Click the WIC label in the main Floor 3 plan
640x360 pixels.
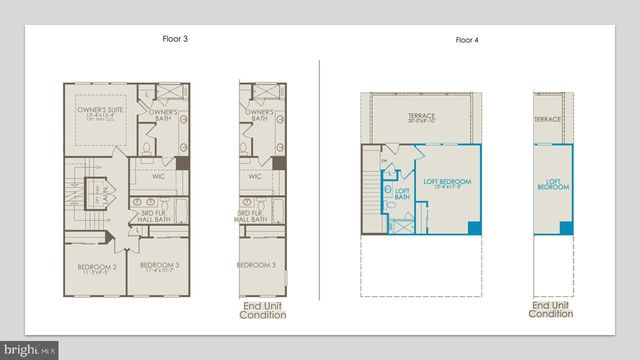pyautogui.click(x=159, y=179)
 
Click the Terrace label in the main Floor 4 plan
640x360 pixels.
pyautogui.click(x=421, y=119)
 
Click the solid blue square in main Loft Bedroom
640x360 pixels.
pyautogui.click(x=474, y=228)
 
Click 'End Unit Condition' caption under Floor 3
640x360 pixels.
pyautogui.click(x=262, y=310)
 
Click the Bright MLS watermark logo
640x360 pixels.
pyautogui.click(x=30, y=350)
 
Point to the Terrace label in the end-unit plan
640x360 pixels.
pyautogui.click(x=547, y=119)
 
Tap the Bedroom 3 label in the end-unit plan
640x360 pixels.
pyautogui.click(x=256, y=265)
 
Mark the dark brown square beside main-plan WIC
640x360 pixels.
pyautogui.click(x=183, y=161)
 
